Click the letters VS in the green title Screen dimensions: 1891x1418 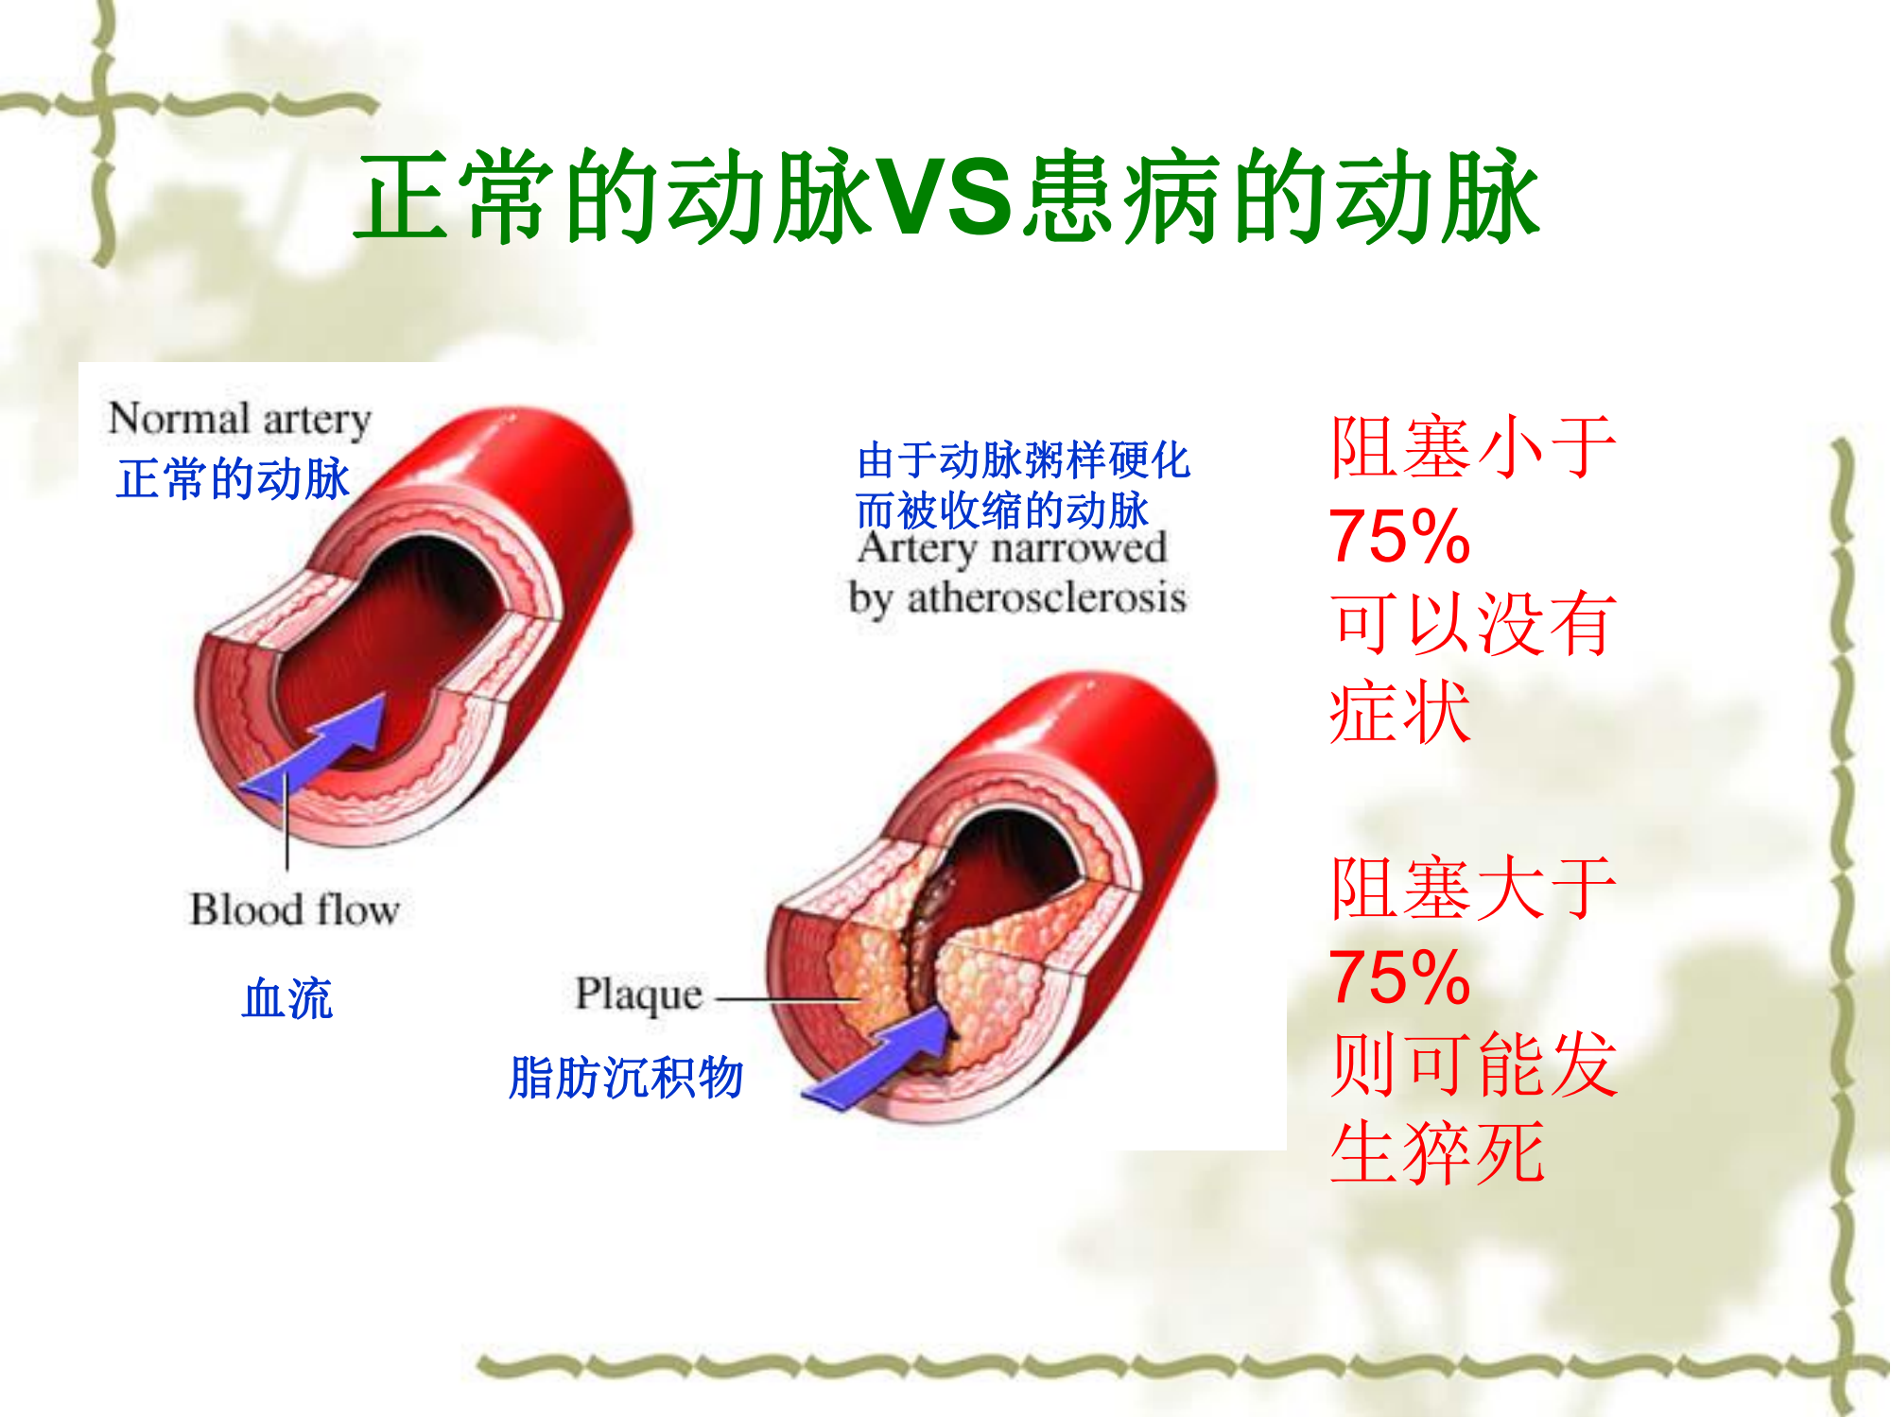pos(945,197)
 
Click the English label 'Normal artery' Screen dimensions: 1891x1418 pos(239,419)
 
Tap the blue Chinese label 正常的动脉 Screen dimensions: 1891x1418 pos(234,478)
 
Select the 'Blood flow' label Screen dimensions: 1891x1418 pos(295,909)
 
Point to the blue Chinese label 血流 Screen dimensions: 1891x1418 pos(287,998)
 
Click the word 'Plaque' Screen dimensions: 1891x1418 pos(639,995)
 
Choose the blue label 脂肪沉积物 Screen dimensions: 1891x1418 pos(626,1078)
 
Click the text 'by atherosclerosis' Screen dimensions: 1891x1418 pos(1017,598)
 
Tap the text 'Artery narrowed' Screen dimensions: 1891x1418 pos(1013,548)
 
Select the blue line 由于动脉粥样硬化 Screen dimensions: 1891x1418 pos(1023,460)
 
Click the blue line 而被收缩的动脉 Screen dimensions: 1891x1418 pos(1002,510)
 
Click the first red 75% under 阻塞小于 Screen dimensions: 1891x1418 pos(1399,536)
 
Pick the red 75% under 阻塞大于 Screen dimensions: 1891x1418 pos(1399,977)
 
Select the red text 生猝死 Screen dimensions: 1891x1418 pos(1437,1153)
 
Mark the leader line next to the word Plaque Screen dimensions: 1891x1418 pos(788,998)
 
